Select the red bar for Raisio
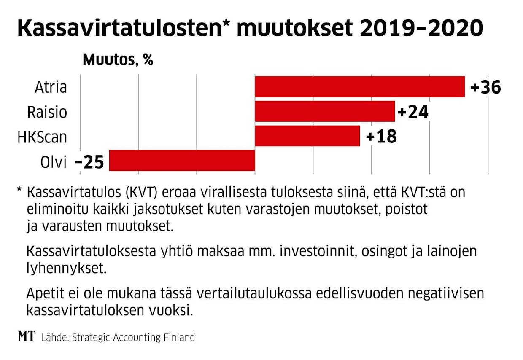coord(325,111)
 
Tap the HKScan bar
coord(307,136)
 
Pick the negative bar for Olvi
coord(182,160)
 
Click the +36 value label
coord(485,88)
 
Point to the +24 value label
coord(412,112)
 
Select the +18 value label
coord(381,137)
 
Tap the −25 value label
coord(89,161)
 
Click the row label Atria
coord(51,87)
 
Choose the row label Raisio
coord(47,112)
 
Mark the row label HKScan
coord(42,137)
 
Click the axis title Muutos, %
coord(118,60)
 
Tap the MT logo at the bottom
coord(27,336)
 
